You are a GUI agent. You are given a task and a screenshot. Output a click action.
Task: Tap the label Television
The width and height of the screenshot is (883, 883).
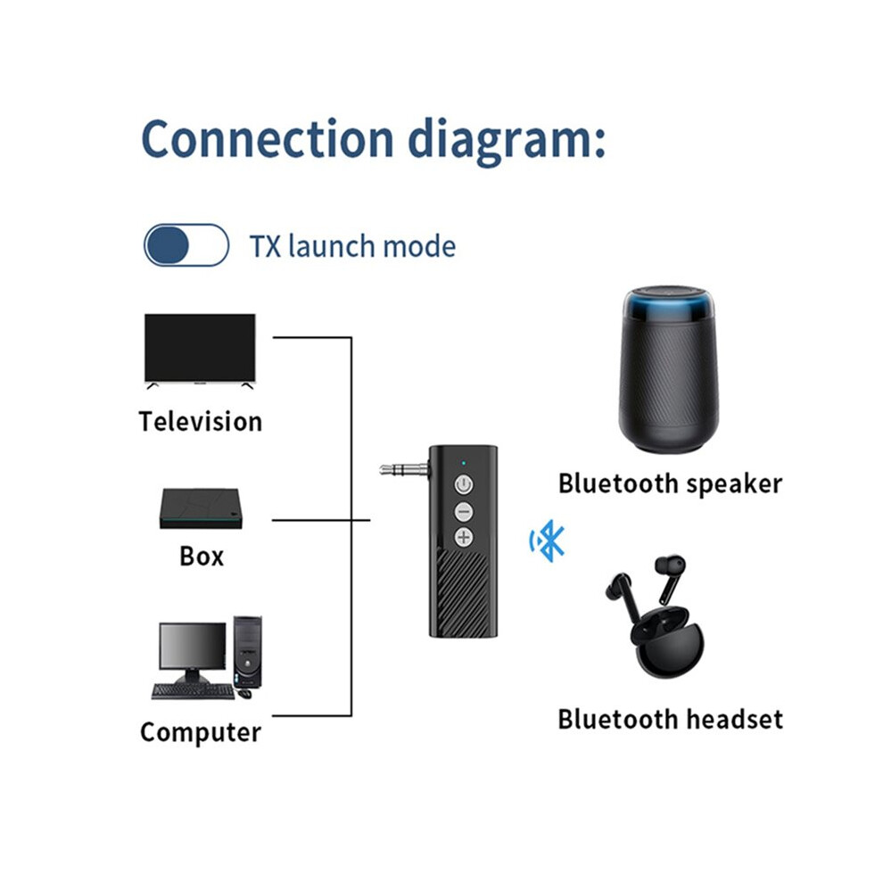(201, 422)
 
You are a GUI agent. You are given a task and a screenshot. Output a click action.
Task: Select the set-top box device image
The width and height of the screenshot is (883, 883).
(201, 508)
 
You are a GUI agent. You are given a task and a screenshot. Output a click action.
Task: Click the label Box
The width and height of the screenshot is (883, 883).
(202, 557)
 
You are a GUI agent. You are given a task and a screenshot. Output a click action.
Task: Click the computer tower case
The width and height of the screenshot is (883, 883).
(248, 652)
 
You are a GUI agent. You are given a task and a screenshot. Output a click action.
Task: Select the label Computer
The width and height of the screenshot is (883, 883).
(201, 732)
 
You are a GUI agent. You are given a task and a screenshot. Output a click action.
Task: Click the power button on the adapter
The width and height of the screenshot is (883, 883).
(464, 484)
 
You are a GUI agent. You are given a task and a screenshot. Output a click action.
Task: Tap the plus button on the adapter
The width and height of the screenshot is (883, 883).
(464, 538)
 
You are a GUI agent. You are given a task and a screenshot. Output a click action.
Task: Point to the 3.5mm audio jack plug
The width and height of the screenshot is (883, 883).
(404, 468)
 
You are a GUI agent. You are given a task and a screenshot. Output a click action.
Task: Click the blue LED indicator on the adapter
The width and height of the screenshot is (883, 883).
(464, 464)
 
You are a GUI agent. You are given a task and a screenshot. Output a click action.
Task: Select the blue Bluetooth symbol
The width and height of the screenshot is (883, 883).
(547, 541)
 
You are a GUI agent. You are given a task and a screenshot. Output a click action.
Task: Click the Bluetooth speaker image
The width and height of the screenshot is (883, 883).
(668, 369)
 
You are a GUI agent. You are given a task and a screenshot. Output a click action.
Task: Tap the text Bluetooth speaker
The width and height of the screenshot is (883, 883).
(670, 484)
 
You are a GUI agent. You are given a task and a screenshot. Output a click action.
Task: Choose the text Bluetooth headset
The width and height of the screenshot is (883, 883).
(670, 720)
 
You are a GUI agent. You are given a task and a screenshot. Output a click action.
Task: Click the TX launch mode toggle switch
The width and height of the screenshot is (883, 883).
(186, 245)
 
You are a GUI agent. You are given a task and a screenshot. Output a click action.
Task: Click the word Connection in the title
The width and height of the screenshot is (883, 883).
(268, 139)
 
